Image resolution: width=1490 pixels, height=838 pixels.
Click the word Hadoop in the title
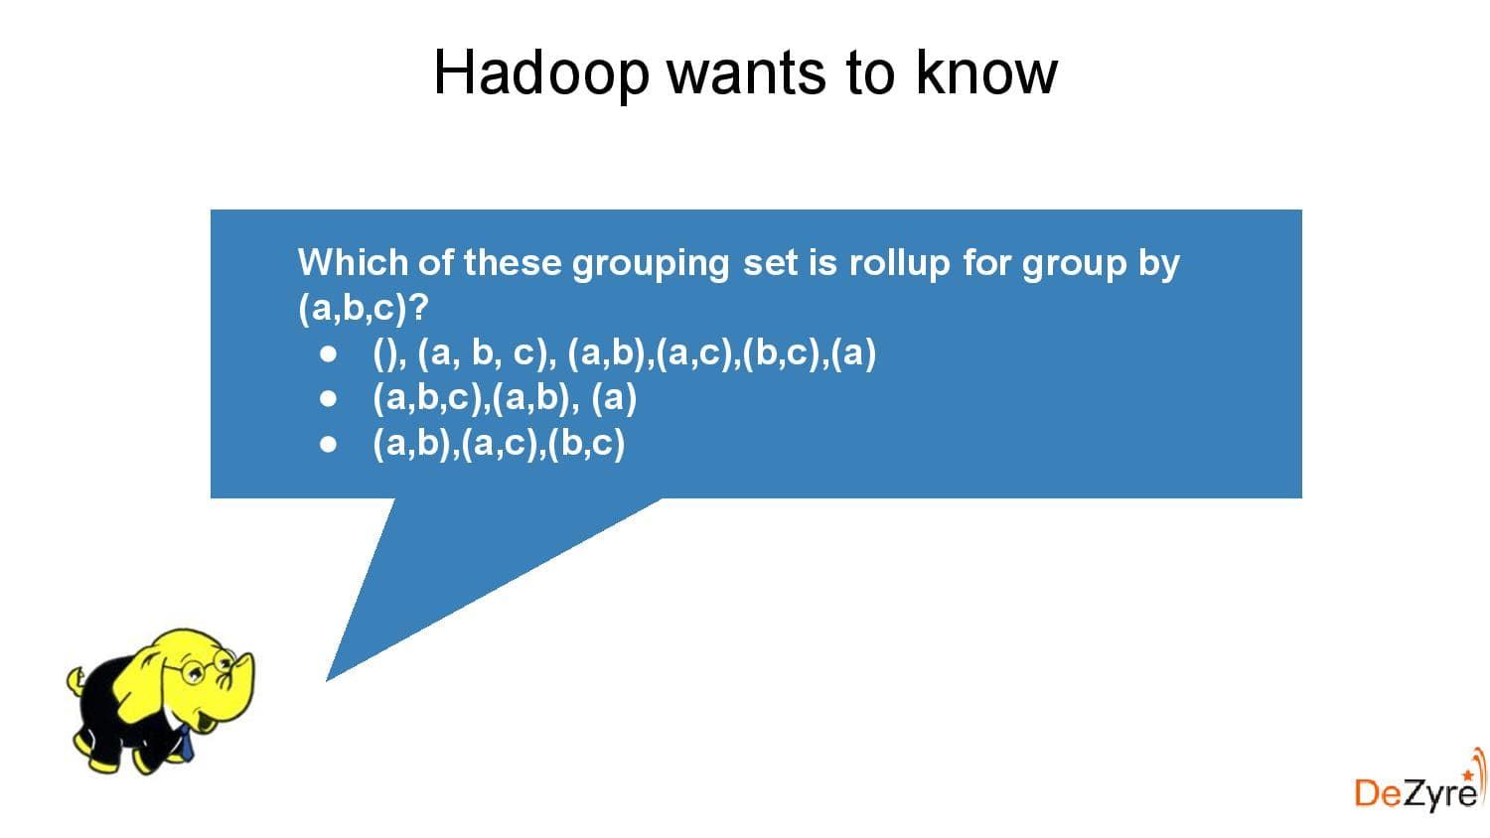pos(541,72)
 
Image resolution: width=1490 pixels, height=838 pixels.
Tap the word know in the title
pos(985,72)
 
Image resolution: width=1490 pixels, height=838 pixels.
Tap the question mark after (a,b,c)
pos(418,308)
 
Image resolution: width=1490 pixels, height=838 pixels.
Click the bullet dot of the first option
pos(329,353)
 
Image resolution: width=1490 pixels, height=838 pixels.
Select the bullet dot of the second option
pos(329,399)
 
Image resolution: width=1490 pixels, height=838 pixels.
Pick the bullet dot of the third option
pos(329,444)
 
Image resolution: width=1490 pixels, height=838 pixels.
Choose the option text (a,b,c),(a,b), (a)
pos(505,398)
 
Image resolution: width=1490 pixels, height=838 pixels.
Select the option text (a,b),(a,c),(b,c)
pos(499,443)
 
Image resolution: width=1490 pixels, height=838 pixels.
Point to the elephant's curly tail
pos(76,681)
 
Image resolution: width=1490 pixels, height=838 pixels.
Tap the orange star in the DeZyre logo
pos(1468,772)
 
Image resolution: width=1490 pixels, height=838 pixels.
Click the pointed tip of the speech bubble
pos(329,678)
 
